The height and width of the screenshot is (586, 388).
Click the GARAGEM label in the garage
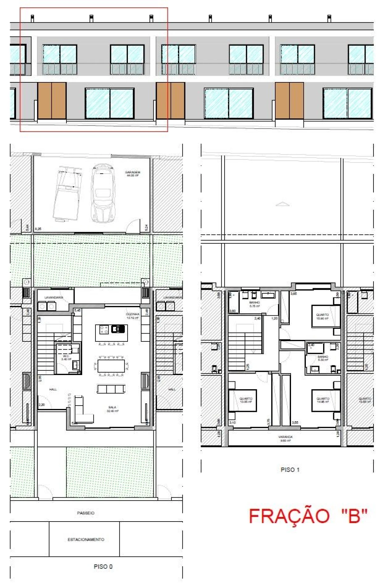click(x=132, y=173)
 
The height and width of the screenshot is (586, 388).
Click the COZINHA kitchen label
click(x=132, y=316)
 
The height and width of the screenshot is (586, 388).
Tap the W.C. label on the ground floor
click(x=66, y=357)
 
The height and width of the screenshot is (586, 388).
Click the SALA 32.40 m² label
click(x=112, y=409)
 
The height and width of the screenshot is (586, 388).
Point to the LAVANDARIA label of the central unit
click(x=54, y=298)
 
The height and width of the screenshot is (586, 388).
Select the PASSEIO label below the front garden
click(x=86, y=513)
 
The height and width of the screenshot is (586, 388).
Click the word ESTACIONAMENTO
click(x=86, y=539)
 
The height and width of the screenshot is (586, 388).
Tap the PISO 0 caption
click(x=103, y=566)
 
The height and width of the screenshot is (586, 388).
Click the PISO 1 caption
click(x=290, y=469)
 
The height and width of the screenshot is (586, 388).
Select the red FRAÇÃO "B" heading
click(x=308, y=516)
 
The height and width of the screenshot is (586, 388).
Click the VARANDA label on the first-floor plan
click(x=285, y=438)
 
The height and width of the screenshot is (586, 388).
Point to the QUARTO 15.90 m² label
click(x=322, y=316)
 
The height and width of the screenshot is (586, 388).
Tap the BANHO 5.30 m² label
click(x=323, y=358)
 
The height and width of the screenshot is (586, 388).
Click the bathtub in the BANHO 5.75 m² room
click(x=268, y=294)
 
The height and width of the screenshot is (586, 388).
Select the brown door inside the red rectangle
click(x=52, y=100)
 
